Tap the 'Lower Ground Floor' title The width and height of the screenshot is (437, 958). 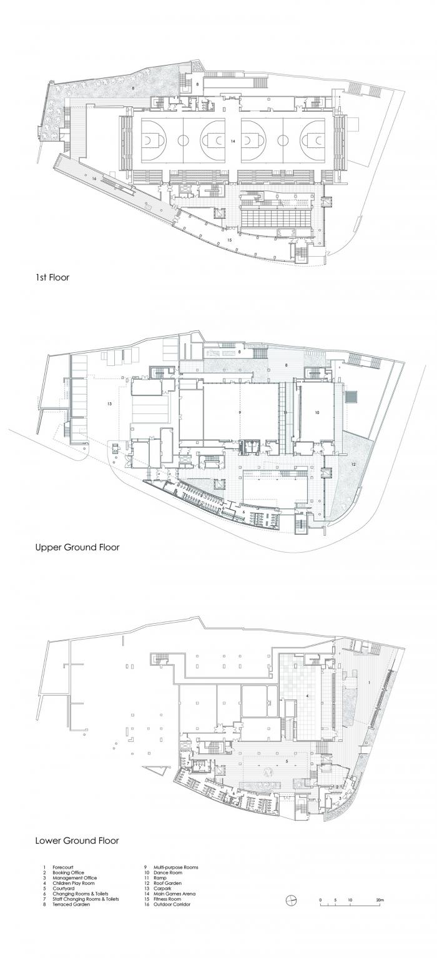(77, 841)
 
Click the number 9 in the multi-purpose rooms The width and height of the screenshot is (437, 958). (239, 413)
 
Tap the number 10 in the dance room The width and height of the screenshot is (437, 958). (317, 413)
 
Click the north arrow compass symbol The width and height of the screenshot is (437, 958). (291, 899)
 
